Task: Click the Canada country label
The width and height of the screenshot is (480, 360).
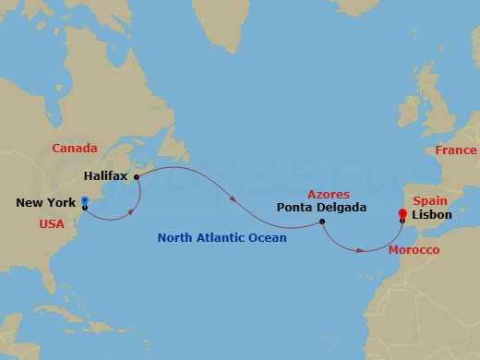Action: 75,148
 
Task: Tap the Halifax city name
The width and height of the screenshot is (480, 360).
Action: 105,174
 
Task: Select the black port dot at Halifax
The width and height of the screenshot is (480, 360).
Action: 136,175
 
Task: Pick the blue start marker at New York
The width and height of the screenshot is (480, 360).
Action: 84,201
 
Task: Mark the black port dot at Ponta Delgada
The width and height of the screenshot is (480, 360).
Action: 321,221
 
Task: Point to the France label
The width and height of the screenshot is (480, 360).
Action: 456,150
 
